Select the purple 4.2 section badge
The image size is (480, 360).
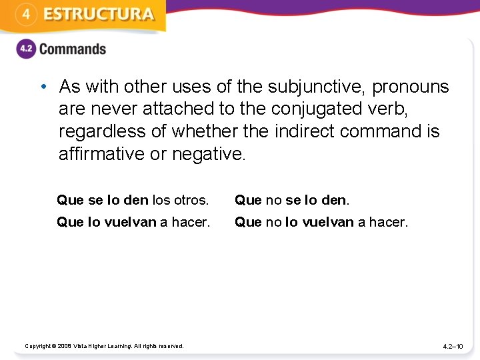[25, 49]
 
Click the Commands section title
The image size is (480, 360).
[72, 49]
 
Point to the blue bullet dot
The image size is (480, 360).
[43, 87]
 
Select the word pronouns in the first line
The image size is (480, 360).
[411, 87]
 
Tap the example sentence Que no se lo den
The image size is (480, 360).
[292, 200]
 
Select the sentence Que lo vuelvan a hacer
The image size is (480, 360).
[133, 222]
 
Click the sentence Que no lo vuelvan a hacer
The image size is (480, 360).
[321, 222]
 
